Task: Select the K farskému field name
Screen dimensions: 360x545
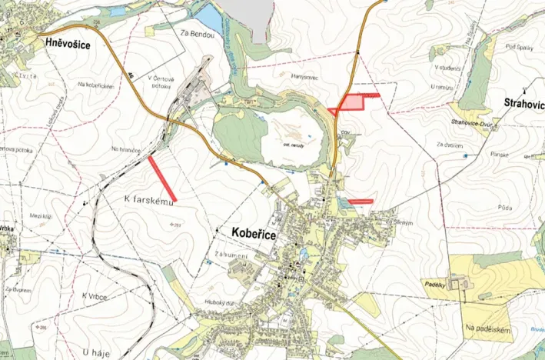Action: (x=151, y=197)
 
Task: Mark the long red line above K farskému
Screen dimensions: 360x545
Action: (x=163, y=177)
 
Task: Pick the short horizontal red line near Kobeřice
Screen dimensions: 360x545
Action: (x=360, y=202)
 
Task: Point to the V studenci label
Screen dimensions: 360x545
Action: (x=447, y=67)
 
